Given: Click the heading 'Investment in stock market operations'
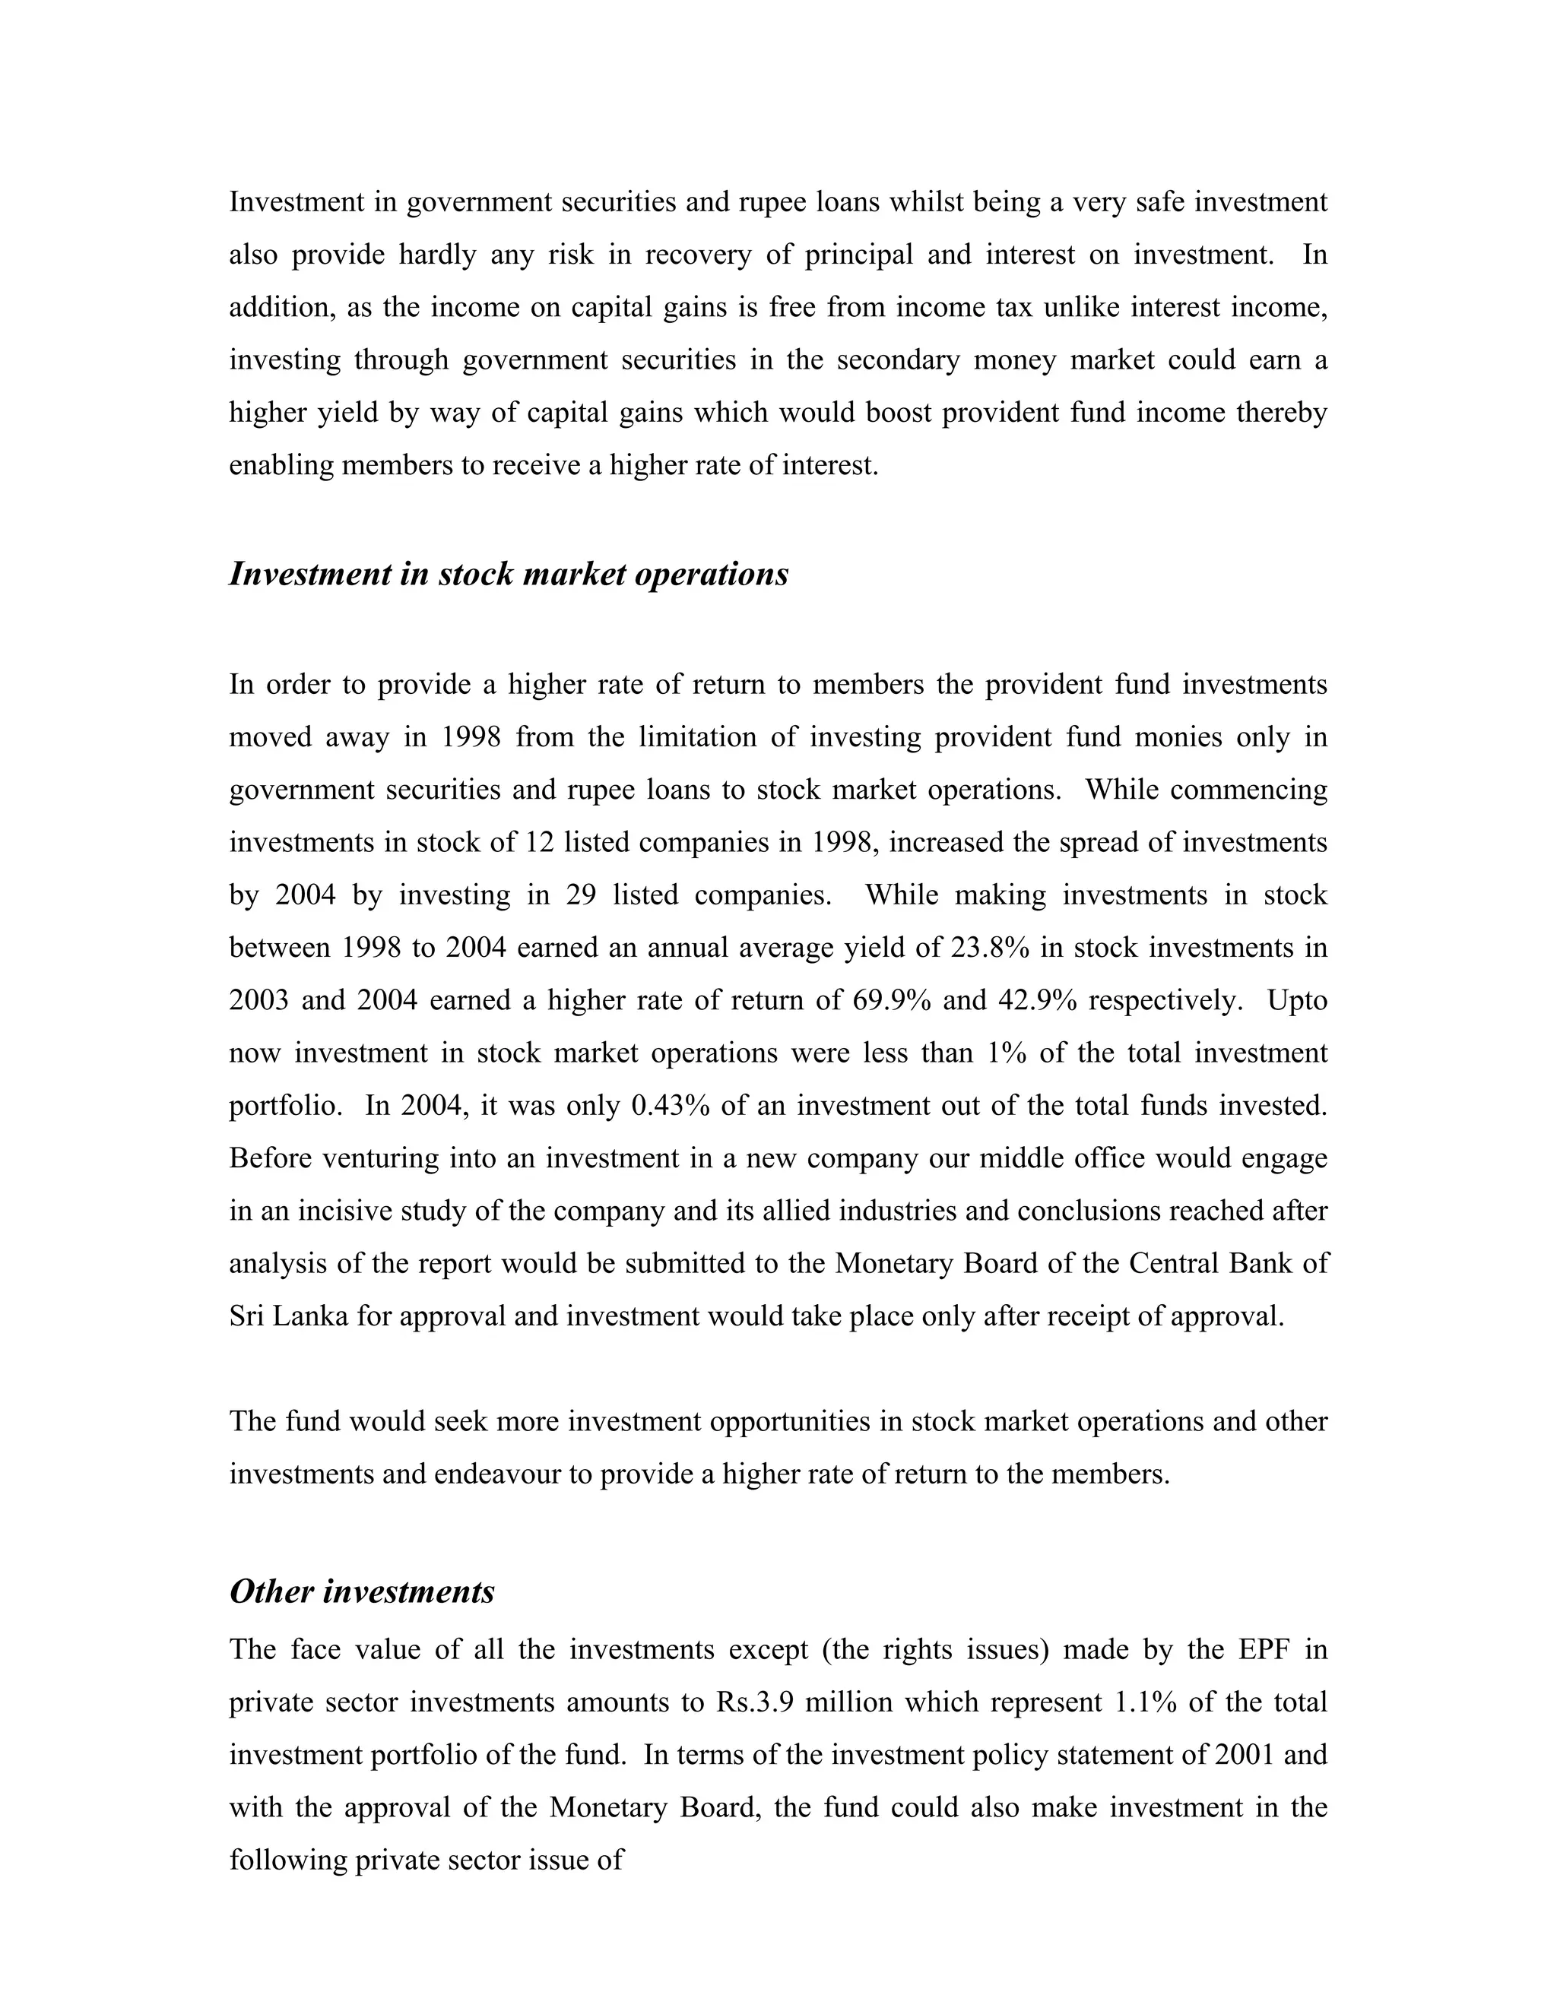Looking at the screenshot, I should pos(509,574).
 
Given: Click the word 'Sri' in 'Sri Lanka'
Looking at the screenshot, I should pos(246,1315).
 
